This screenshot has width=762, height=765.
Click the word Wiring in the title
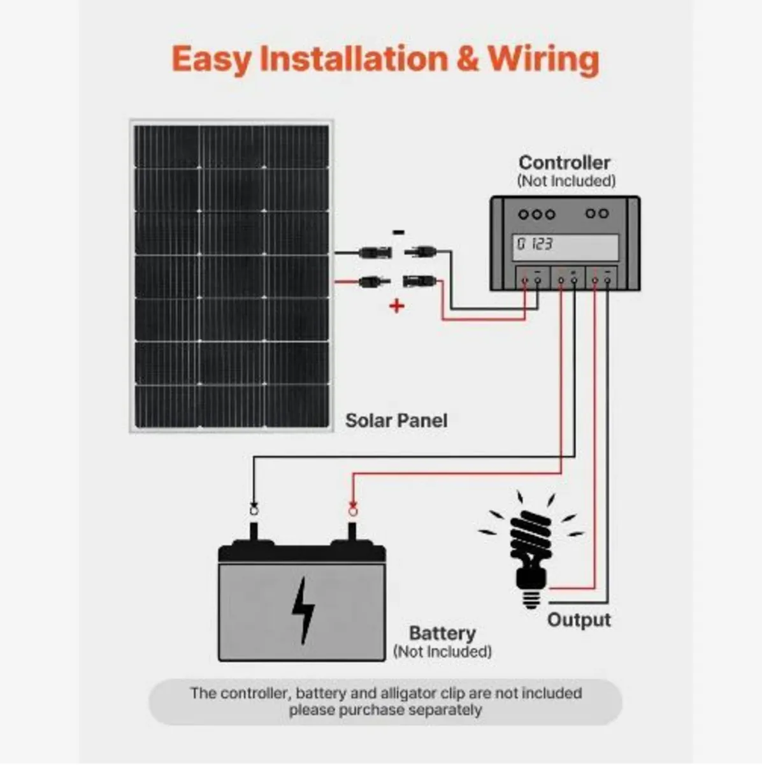[543, 59]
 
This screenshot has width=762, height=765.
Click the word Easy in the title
[212, 60]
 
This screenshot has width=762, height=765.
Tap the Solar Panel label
[396, 421]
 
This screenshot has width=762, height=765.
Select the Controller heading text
[564, 163]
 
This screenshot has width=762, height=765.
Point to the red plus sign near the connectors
[397, 307]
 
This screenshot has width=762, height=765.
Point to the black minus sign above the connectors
[398, 233]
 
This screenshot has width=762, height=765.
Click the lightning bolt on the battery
[302, 610]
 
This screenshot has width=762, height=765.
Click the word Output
[579, 620]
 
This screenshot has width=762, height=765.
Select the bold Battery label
[442, 634]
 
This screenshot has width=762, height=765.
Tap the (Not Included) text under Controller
[566, 181]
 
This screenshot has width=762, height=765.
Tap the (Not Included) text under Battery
[442, 652]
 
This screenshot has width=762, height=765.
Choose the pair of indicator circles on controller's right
[596, 214]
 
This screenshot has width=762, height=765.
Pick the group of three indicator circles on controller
[536, 214]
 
